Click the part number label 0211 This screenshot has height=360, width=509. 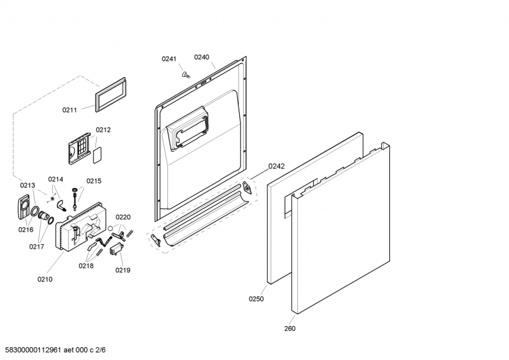69,110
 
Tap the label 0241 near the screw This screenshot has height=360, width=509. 169,59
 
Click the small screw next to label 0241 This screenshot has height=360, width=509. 186,74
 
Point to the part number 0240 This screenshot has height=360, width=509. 202,57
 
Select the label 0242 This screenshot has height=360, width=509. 276,166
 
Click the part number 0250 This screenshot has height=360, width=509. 256,298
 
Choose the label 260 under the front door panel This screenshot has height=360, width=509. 289,328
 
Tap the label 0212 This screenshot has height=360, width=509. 103,130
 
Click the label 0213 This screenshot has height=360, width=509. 27,185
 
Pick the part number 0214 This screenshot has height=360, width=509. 56,179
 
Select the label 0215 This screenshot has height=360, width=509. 94,181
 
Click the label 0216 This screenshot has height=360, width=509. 25,230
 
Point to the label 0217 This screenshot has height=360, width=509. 36,246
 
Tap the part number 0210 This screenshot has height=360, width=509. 45,279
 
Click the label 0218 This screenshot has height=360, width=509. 86,266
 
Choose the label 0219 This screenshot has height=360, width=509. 123,270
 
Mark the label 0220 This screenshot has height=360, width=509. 123,217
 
